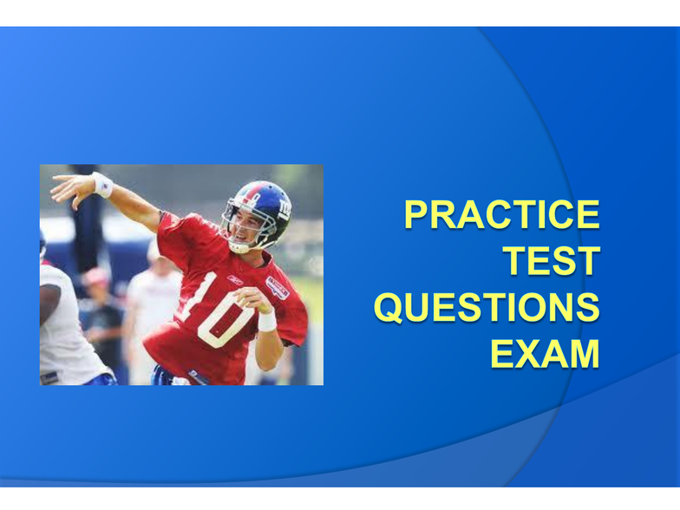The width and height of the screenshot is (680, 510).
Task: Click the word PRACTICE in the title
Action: point(501,214)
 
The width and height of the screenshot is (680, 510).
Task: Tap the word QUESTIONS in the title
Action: point(487,307)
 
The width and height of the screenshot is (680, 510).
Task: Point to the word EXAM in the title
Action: point(545,354)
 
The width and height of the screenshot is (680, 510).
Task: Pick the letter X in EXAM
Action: point(526,354)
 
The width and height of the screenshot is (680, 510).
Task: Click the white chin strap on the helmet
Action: point(241,246)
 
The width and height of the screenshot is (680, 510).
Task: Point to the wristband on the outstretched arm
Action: point(102,185)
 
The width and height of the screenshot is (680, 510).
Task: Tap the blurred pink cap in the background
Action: point(95,276)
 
